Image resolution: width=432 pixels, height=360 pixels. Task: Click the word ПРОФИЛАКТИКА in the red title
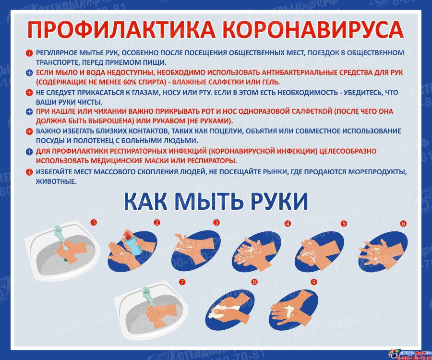point(121,29)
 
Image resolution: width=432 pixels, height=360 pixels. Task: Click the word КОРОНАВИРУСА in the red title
point(313,29)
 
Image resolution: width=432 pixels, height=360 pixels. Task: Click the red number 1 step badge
point(94,222)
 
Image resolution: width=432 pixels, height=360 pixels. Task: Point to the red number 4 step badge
point(288,223)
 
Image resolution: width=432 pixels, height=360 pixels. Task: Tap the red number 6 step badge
point(403,223)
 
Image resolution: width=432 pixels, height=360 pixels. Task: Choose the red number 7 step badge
point(182,282)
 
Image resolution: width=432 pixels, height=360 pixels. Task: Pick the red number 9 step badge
point(313,282)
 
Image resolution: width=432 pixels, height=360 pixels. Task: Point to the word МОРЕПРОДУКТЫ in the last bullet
point(378,172)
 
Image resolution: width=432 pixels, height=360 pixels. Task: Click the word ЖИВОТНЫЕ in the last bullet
point(56,181)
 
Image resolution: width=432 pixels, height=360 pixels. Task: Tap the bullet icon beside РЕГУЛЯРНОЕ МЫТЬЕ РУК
point(29,53)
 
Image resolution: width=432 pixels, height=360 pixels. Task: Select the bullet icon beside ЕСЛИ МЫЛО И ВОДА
point(29,73)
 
